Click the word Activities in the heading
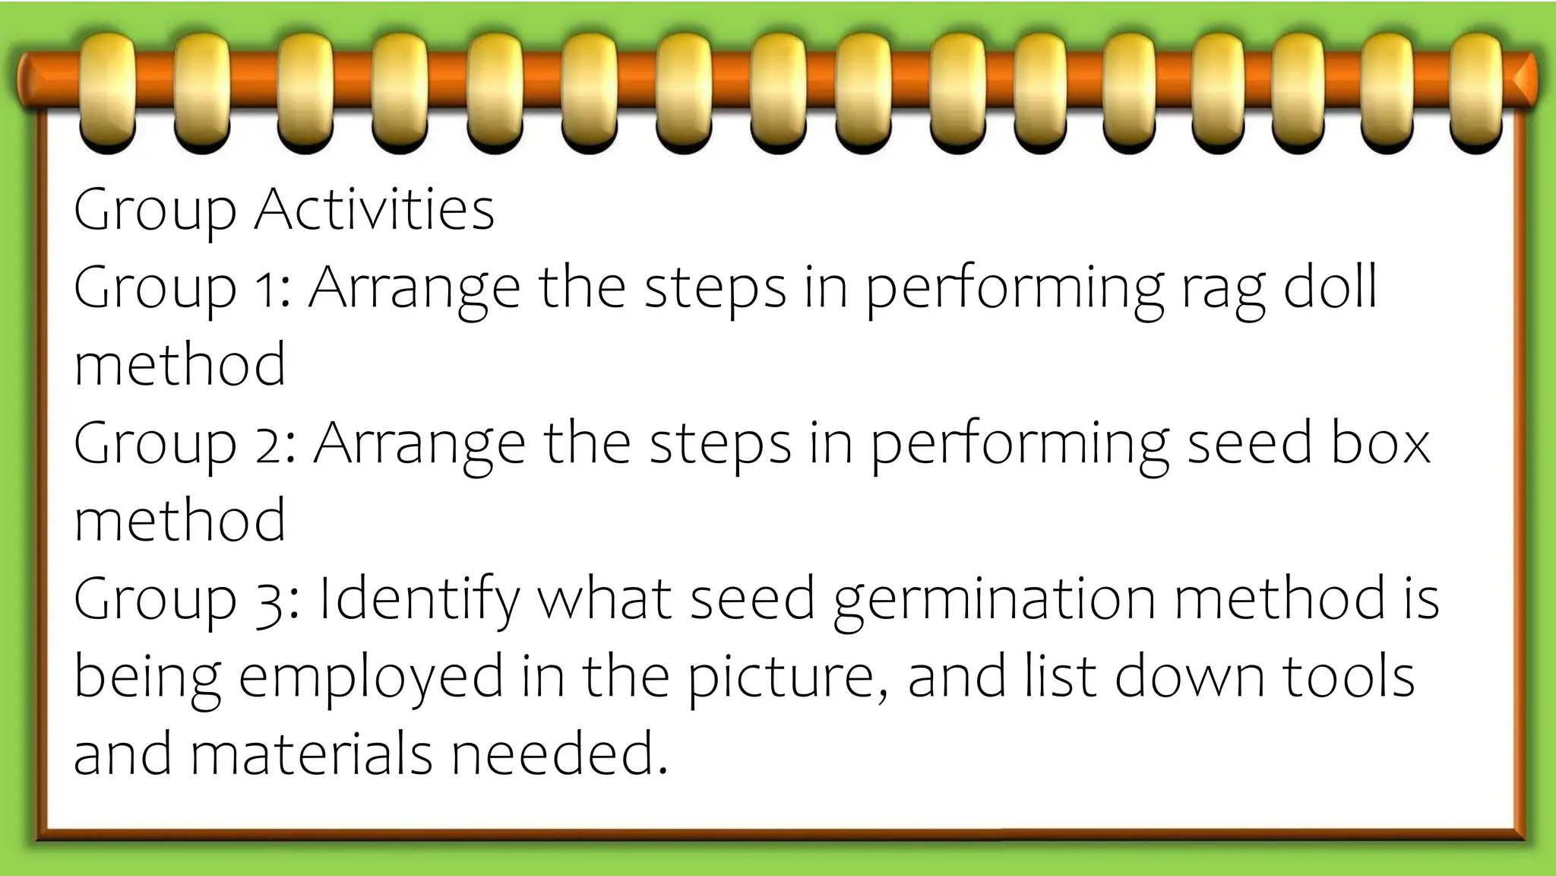point(374,210)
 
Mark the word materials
point(311,754)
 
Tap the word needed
point(559,754)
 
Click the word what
point(605,598)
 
